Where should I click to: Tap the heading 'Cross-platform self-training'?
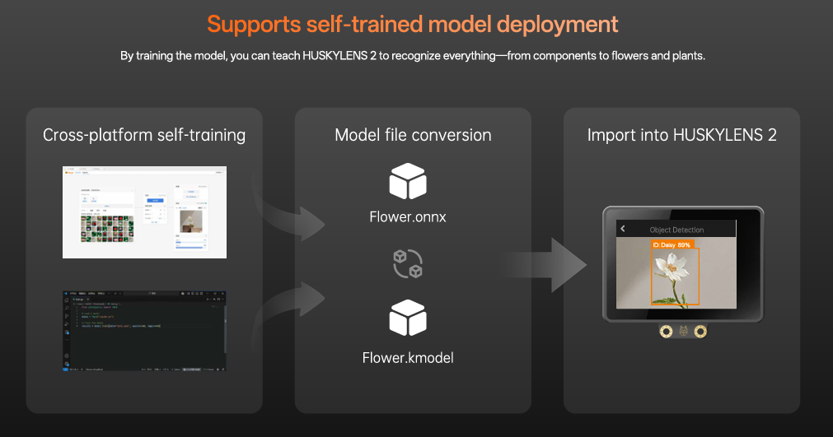point(144,135)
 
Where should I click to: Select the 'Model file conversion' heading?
point(413,135)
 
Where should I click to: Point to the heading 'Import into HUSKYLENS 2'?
point(681,135)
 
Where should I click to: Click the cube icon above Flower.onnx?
point(408,182)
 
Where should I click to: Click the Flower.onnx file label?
point(409,217)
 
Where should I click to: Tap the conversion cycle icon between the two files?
point(408,263)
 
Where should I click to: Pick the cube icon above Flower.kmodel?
point(408,318)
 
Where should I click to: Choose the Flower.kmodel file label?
point(408,357)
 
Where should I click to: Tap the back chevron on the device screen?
point(623,229)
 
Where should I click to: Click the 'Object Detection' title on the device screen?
point(676,230)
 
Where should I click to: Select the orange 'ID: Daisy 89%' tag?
point(672,244)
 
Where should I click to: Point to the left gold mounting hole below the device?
point(664,331)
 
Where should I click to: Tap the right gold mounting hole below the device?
point(700,331)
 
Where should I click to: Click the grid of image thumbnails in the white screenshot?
point(107,228)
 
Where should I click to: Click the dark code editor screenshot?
point(144,330)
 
